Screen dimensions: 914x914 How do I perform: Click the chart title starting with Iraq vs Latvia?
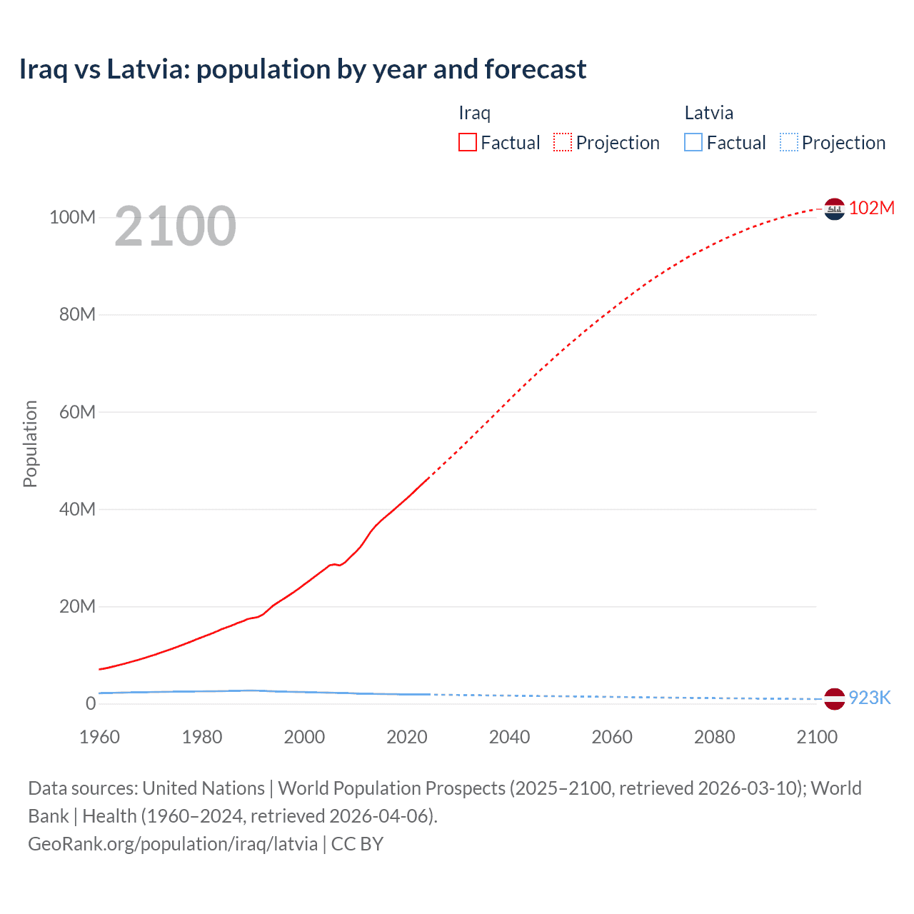coord(303,69)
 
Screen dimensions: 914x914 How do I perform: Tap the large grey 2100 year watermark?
coord(175,226)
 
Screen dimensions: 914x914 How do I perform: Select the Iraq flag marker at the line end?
coord(834,209)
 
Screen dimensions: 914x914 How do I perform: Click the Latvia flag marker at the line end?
coord(834,698)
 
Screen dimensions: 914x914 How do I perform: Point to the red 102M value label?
coord(872,208)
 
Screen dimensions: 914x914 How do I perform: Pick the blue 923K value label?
coord(870,698)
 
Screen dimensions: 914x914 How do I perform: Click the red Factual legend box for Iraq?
coord(468,142)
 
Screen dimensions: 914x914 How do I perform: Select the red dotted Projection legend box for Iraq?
coord(563,142)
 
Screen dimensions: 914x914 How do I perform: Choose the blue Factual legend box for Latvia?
coord(693,142)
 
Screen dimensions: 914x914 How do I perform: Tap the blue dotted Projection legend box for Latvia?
coord(789,142)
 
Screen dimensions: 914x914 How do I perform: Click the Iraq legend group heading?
coord(474,113)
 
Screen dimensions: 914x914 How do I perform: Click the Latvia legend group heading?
coord(708,113)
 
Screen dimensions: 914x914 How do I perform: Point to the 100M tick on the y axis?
coord(72,217)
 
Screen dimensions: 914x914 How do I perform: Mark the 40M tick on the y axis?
coord(77,509)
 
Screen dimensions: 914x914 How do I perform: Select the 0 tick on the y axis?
coord(91,703)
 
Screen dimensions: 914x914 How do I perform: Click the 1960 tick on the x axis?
coord(99,737)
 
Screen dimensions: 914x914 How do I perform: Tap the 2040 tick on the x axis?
coord(509,737)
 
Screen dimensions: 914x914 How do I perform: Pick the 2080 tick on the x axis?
coord(714,737)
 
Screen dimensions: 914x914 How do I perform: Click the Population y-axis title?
coord(30,443)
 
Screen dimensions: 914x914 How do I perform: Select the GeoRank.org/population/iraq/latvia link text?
coord(173,844)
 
